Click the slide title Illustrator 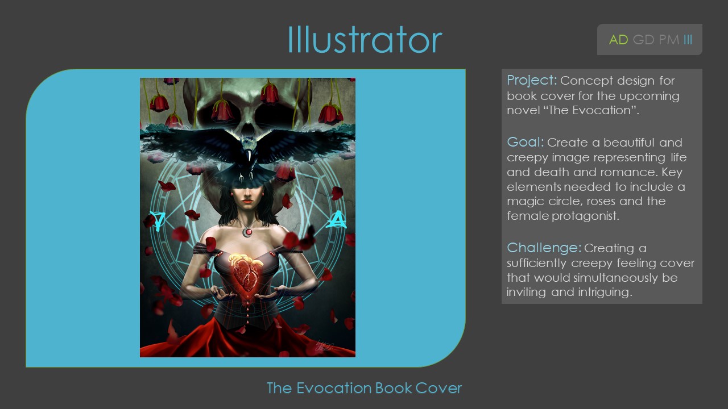tap(365, 39)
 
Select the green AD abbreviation tap(618, 40)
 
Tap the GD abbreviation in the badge tap(643, 40)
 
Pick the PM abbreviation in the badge tap(669, 40)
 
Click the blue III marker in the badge tap(688, 40)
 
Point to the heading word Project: tap(532, 81)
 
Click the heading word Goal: tap(526, 142)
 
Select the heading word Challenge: tap(544, 248)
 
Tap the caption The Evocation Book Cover tap(364, 388)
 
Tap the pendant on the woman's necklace tap(248, 232)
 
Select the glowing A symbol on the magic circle tap(337, 219)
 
